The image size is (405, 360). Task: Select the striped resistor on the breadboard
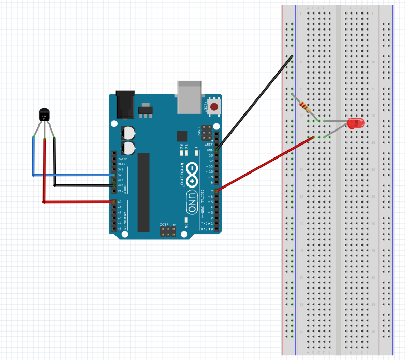pos(305,107)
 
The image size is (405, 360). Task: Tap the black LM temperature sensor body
pos(45,114)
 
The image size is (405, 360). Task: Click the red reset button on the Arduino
pos(213,107)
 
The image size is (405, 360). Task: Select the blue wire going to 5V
pos(73,175)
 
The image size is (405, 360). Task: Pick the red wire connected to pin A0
pos(78,201)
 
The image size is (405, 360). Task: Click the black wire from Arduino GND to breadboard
pos(254,103)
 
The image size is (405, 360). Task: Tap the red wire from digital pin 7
pos(264,164)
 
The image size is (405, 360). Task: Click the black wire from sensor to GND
pos(83,185)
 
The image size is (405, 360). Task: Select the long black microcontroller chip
pos(143,192)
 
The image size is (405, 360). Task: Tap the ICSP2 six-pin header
pos(207,133)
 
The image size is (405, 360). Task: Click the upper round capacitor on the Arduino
pos(128,133)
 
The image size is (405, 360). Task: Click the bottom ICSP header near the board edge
pos(167,232)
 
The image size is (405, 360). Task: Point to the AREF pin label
pos(209,145)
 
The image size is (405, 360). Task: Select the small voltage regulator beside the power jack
pos(145,111)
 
